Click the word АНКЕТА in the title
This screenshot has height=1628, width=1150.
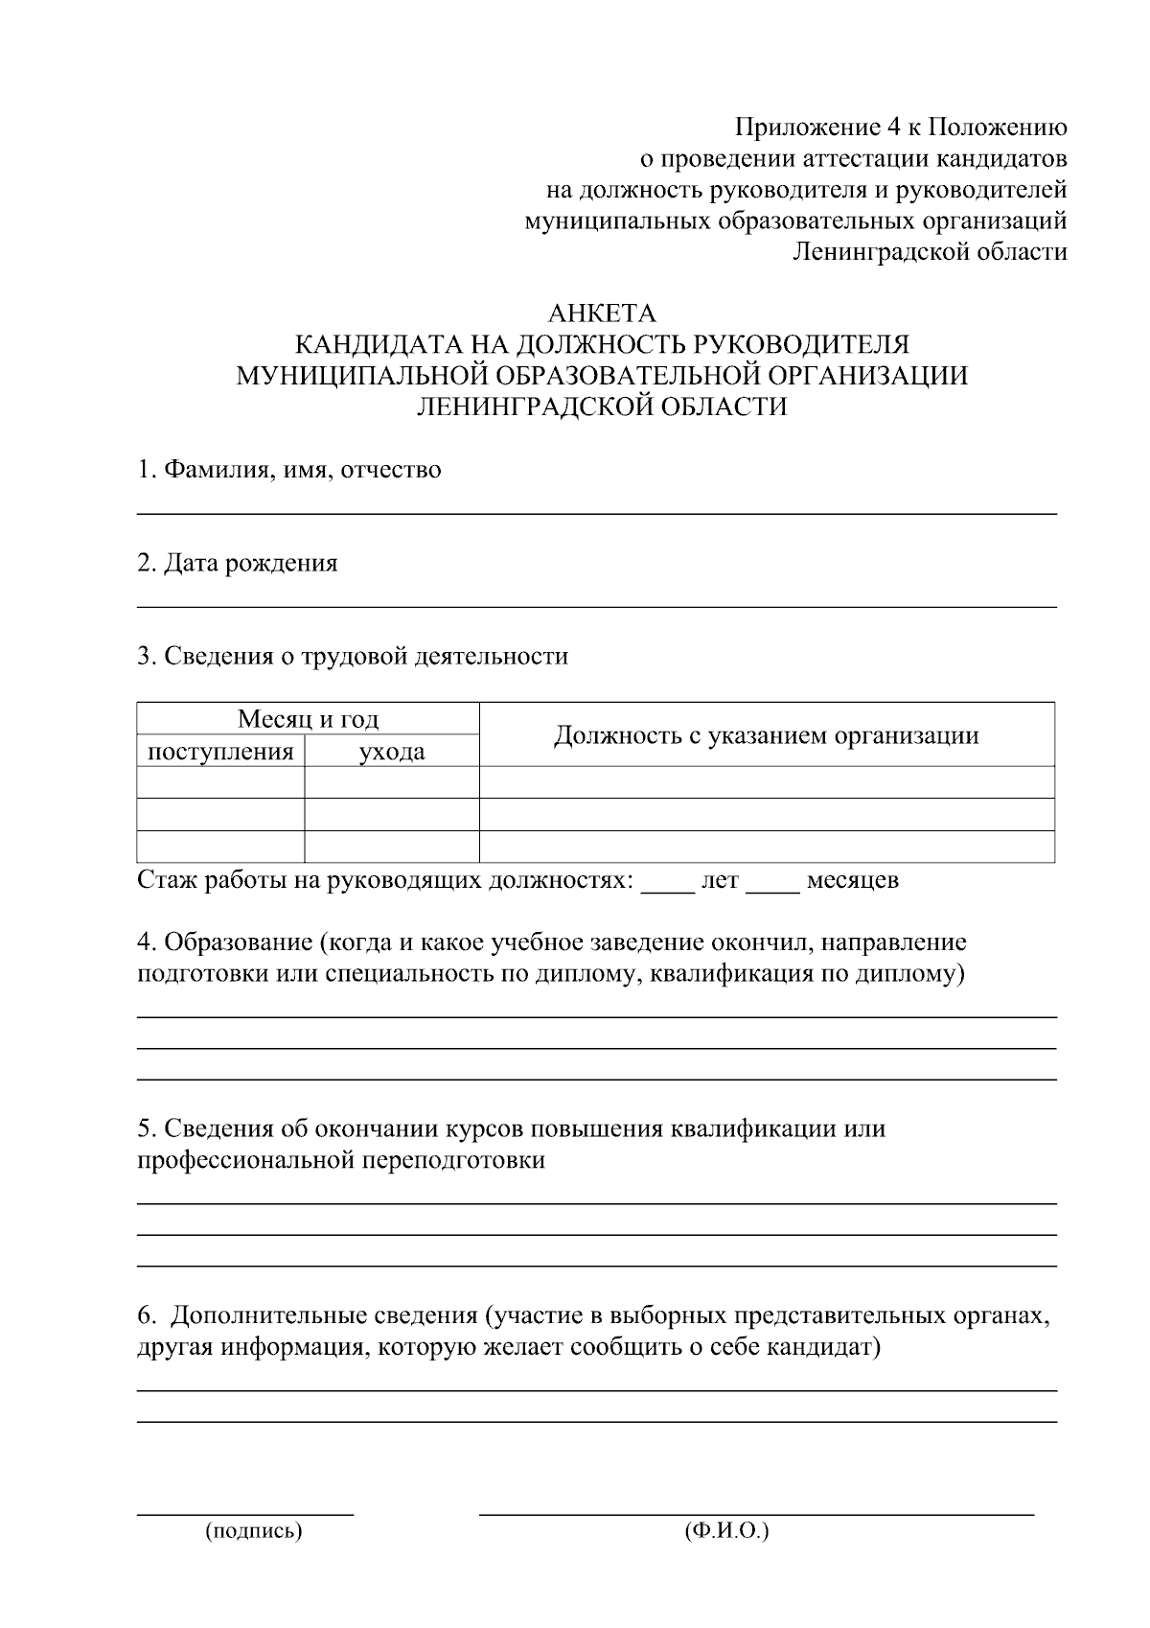[601, 314]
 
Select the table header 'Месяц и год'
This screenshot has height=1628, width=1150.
[308, 718]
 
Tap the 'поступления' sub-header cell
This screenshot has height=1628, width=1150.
[220, 751]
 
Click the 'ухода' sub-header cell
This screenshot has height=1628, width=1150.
[391, 752]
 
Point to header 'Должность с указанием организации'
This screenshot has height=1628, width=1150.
[766, 735]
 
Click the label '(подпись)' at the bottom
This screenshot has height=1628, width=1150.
[253, 1531]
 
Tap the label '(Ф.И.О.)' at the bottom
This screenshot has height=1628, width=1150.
[727, 1531]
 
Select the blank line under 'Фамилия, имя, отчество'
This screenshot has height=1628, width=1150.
[596, 514]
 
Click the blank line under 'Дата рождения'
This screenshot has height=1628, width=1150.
[596, 606]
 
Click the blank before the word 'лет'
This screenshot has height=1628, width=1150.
[667, 891]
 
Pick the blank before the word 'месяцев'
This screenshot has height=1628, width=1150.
[772, 891]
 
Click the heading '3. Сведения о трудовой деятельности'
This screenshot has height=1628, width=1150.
[353, 656]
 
